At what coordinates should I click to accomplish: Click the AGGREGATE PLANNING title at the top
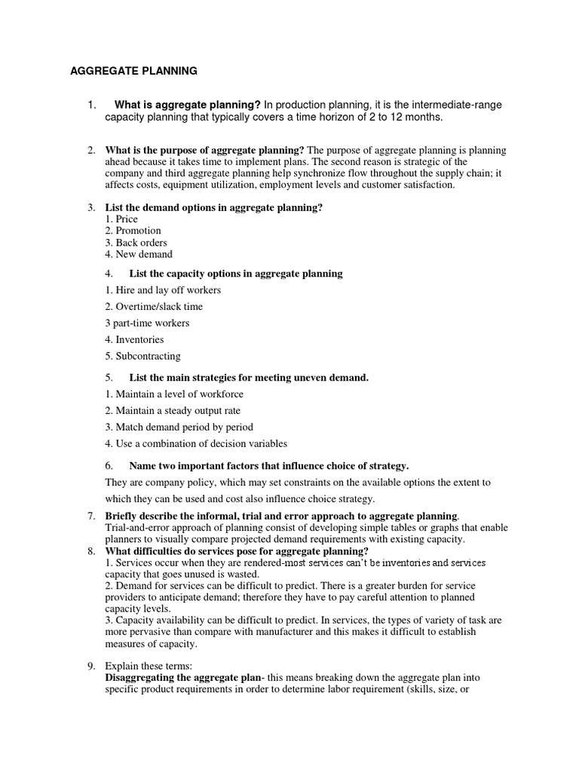133,71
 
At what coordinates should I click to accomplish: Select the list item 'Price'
127,219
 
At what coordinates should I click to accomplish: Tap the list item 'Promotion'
138,231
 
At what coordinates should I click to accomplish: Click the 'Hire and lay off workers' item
168,290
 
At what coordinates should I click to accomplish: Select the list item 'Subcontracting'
148,357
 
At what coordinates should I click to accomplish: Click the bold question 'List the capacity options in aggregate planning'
235,274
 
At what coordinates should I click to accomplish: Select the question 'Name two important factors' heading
269,465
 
